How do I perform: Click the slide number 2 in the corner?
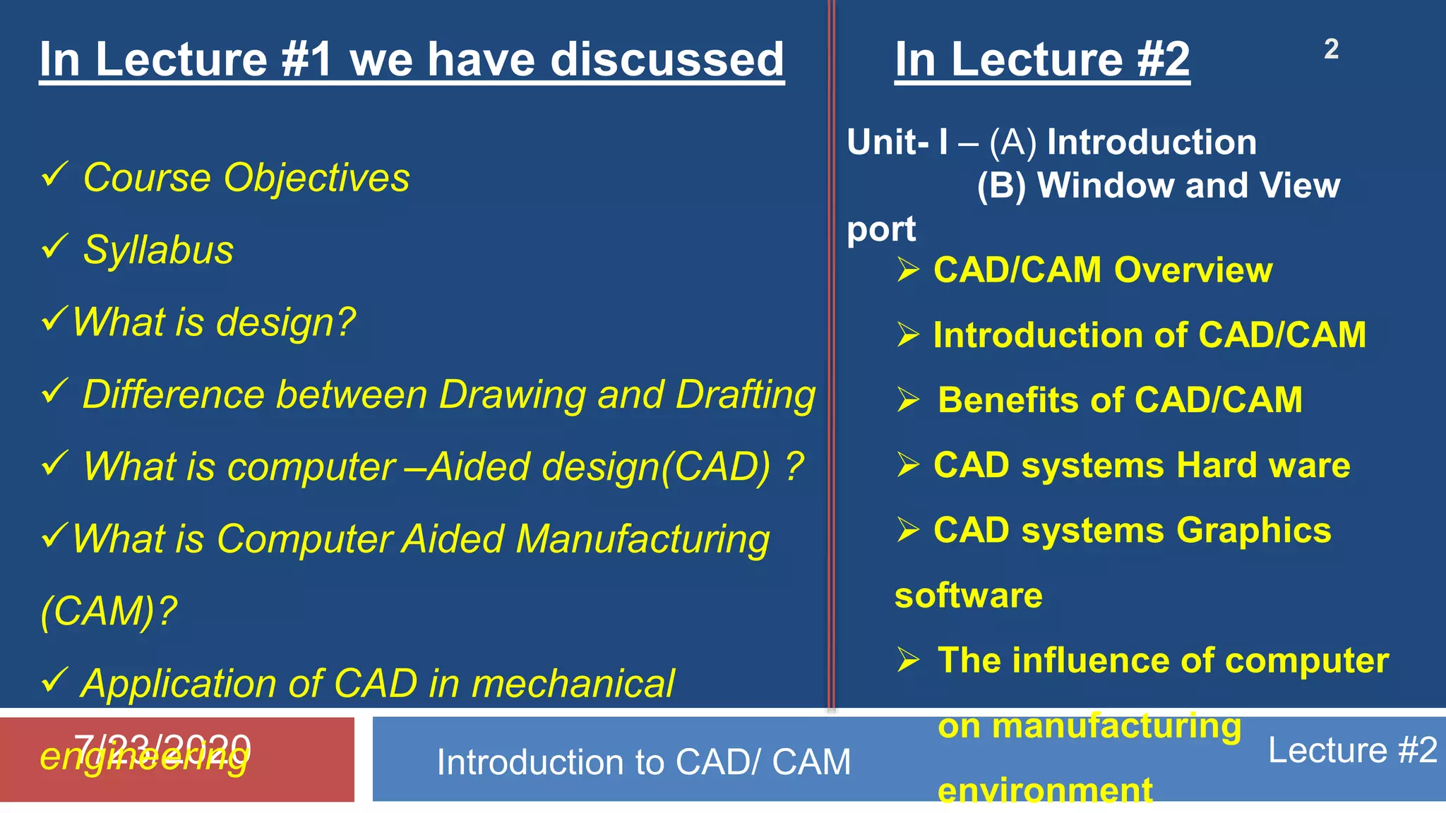(x=1331, y=49)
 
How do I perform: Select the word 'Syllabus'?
(x=158, y=250)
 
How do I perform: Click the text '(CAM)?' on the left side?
(x=109, y=610)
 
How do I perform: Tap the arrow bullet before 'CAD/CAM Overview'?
(x=908, y=270)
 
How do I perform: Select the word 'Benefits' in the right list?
(x=1008, y=400)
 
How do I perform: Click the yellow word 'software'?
(x=968, y=596)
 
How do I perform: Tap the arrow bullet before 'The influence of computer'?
(x=908, y=660)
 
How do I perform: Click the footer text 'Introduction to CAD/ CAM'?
(x=643, y=762)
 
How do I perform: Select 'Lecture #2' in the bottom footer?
(x=1352, y=749)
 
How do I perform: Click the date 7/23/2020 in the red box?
(x=162, y=748)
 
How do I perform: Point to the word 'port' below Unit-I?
(x=881, y=229)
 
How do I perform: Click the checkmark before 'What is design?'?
(x=55, y=319)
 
